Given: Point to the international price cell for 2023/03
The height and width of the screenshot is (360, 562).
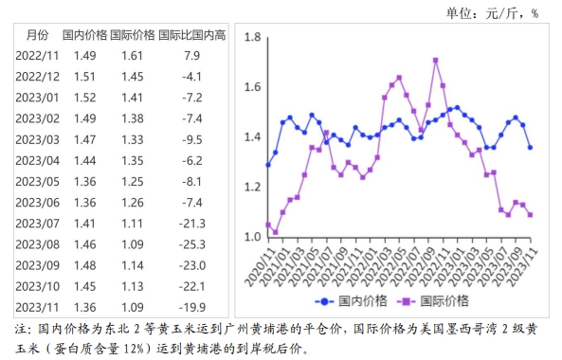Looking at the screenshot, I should tap(133, 139).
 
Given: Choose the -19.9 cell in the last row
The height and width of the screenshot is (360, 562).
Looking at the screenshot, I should tap(193, 307).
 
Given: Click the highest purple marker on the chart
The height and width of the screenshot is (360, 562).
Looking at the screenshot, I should tap(435, 60).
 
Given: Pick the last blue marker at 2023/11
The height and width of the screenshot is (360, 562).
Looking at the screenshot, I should tap(530, 147).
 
